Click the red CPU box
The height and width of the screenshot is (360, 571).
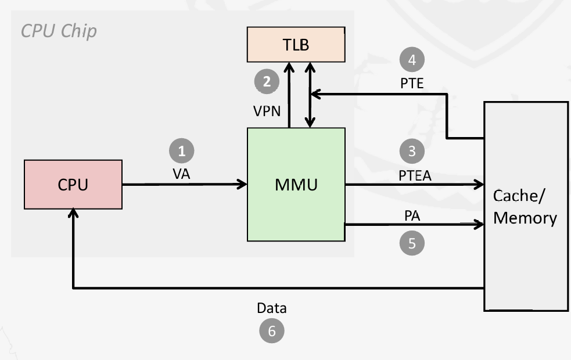73,185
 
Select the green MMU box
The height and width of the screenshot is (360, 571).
296,185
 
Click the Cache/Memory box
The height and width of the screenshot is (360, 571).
526,206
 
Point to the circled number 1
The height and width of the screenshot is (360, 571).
181,151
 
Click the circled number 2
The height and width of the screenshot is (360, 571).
267,81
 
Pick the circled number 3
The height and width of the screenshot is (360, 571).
412,151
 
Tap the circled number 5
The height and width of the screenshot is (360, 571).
412,243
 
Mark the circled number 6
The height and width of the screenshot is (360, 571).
271,331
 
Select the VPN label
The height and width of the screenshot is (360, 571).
267,110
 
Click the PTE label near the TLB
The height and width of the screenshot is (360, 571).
412,83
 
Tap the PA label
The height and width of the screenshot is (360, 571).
412,215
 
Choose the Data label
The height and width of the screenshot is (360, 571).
272,308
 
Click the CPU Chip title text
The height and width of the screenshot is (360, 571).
59,31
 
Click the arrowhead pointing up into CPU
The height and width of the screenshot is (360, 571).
73,214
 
